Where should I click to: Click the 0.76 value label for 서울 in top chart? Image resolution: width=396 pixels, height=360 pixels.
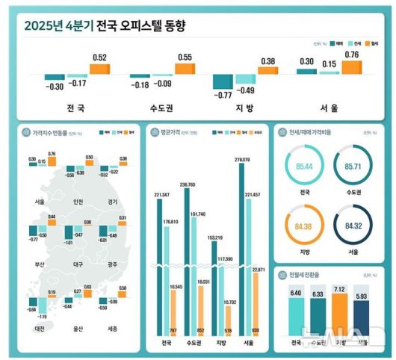coord(350,54)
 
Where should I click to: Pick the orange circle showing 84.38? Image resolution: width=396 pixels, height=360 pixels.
coord(304,226)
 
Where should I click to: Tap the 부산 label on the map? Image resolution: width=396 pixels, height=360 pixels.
coord(39,264)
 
